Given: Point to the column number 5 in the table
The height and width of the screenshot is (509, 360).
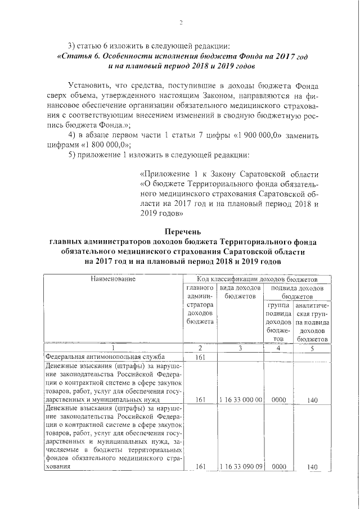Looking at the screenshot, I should pos(313,348).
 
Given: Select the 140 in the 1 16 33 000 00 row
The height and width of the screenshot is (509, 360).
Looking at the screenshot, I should pos(313,400).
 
